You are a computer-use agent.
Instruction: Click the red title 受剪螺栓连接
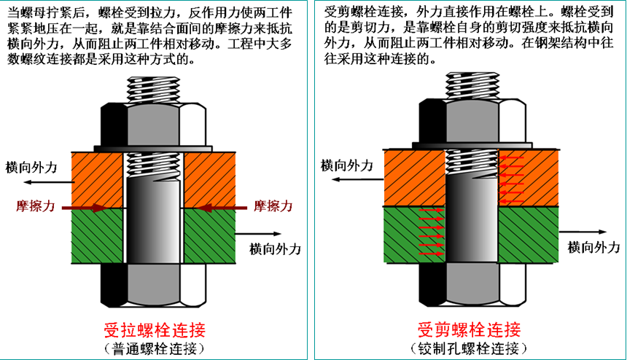point(469,328)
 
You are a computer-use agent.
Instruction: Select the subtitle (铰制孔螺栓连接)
point(469,348)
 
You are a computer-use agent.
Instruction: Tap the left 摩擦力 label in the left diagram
point(36,207)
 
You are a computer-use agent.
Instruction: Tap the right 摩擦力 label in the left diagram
point(273,207)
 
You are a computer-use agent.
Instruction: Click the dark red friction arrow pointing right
point(86,208)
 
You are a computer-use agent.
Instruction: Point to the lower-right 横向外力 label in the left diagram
point(275,249)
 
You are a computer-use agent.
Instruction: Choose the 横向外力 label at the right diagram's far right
point(595,248)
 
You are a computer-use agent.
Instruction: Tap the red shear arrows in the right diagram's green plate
point(431,229)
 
